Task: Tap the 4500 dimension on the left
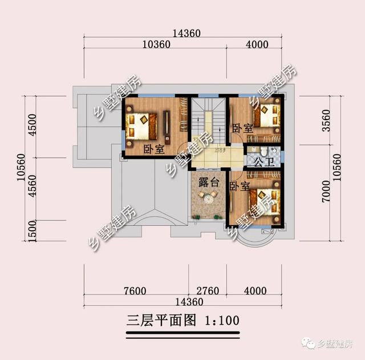[x=33, y=126]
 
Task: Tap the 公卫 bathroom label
[x=262, y=162]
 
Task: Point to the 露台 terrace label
[x=208, y=183]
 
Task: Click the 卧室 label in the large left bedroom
[x=153, y=149]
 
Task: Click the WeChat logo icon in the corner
[x=309, y=344]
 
